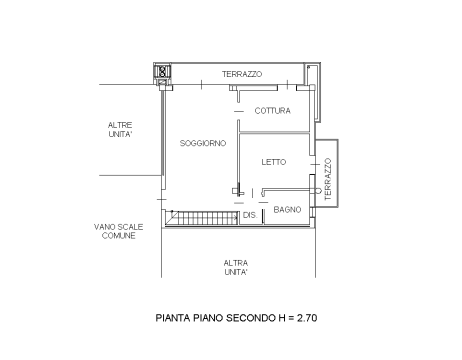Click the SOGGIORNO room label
click(x=203, y=143)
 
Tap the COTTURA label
click(x=273, y=111)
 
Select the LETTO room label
click(x=274, y=162)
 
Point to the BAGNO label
click(x=287, y=210)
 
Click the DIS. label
click(x=250, y=215)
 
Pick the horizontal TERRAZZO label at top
click(x=242, y=74)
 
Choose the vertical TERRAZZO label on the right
click(x=328, y=179)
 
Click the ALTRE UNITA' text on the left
click(x=120, y=130)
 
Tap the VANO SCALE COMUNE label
click(x=119, y=231)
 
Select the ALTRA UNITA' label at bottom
click(x=236, y=268)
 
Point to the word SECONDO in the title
click(x=251, y=318)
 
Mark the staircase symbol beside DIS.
click(x=202, y=218)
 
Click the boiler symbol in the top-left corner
click(x=163, y=71)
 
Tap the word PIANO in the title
click(x=208, y=318)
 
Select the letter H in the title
click(x=282, y=318)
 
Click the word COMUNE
click(x=119, y=236)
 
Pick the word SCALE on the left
click(x=131, y=227)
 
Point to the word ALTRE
click(x=120, y=125)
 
